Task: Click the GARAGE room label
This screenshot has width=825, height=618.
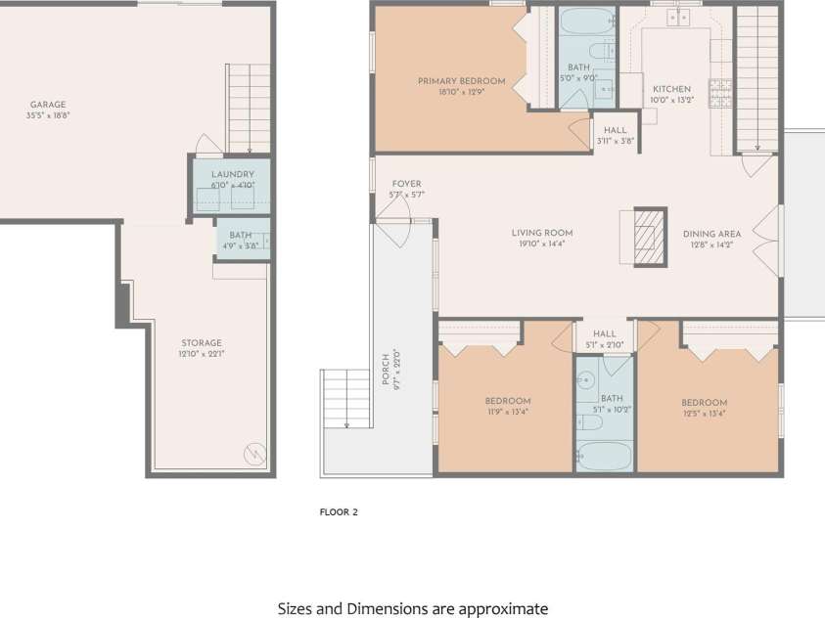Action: click(48, 105)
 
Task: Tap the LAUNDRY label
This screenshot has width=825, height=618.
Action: click(233, 174)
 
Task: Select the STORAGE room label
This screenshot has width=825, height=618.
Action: click(202, 343)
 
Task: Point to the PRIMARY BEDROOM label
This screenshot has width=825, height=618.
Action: click(461, 81)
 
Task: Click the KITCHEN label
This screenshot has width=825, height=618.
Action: click(672, 89)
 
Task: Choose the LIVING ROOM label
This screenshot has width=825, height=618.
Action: click(542, 233)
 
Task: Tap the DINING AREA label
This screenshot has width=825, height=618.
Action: click(711, 234)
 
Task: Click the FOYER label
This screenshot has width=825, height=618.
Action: click(407, 184)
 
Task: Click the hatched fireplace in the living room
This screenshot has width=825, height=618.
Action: click(651, 237)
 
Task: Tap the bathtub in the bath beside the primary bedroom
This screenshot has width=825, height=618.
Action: click(586, 21)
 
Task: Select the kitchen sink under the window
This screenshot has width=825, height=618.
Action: click(678, 18)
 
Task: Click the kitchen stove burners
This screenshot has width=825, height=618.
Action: click(720, 93)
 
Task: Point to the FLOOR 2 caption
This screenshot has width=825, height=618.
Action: click(339, 511)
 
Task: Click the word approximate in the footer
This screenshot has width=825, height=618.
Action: click(504, 609)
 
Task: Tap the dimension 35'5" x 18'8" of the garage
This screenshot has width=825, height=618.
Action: click(48, 115)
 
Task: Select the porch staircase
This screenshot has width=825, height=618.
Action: click(345, 398)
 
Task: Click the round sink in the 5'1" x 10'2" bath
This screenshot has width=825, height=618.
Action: click(585, 378)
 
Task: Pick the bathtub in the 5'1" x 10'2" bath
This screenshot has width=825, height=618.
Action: click(605, 456)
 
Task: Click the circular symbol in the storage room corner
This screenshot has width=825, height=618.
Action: click(254, 454)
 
